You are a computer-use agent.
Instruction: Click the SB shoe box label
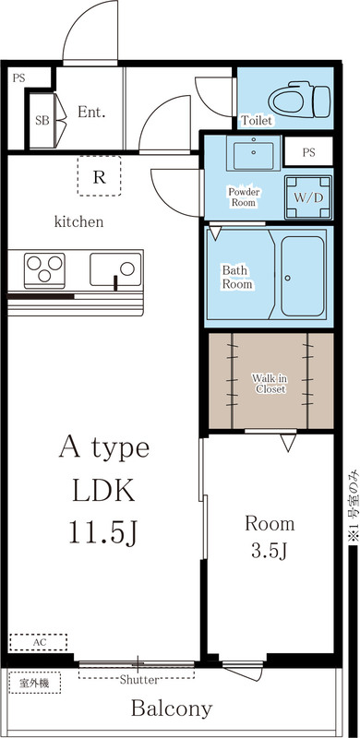click(x=42, y=120)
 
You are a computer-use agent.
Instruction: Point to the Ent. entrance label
click(x=91, y=113)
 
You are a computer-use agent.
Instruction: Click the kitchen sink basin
click(x=115, y=270)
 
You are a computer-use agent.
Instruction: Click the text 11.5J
click(x=103, y=532)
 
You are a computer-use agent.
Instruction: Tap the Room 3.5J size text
click(x=270, y=553)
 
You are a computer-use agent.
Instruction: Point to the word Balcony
click(x=171, y=709)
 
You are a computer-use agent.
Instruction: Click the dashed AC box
click(x=39, y=641)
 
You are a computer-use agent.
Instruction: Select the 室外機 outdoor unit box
click(x=34, y=684)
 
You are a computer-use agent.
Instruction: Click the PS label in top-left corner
click(x=18, y=77)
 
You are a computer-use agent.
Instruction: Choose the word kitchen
click(x=78, y=221)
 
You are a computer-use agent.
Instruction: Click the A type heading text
click(x=103, y=449)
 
